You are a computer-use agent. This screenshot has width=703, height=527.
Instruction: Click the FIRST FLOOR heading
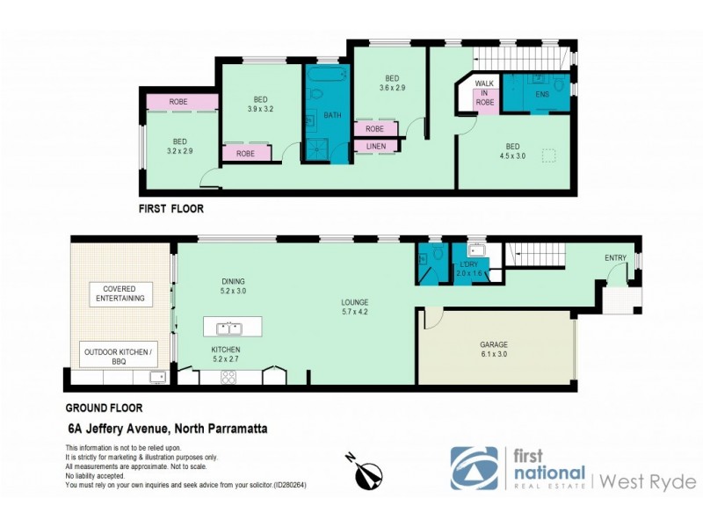[x=172, y=209]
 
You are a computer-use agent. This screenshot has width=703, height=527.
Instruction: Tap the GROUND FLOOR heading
[x=104, y=408]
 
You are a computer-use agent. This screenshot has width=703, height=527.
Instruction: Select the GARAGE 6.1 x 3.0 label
[x=494, y=350]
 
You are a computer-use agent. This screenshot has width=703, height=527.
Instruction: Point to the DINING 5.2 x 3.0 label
[x=233, y=286]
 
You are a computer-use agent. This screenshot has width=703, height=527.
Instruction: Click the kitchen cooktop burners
[x=228, y=378]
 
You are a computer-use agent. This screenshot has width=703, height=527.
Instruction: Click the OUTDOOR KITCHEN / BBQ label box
[x=119, y=356]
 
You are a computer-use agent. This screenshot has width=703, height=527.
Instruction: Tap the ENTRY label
[x=615, y=257]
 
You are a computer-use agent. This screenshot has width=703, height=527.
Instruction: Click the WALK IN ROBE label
[x=484, y=92]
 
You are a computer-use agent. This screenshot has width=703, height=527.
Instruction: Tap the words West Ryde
[x=649, y=481]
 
